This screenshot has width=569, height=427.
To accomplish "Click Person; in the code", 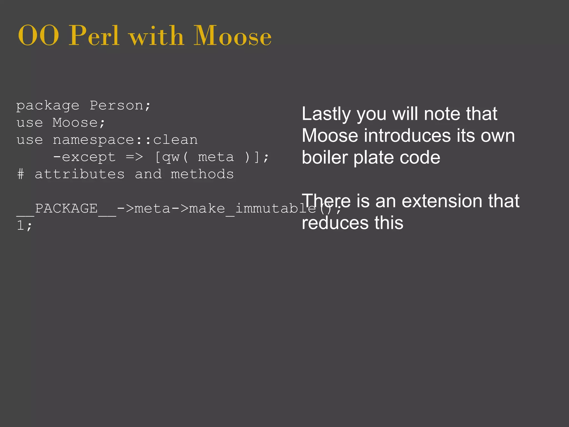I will click(120, 106).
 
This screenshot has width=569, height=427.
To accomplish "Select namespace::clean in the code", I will click(125, 140).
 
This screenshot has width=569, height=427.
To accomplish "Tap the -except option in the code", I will click(84, 157).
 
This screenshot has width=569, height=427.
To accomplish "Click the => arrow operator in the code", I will click(134, 157).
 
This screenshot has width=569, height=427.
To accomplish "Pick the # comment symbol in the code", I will click(21, 175).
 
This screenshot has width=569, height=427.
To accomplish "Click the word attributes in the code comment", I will click(79, 175).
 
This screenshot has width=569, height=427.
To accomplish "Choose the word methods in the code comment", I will click(202, 175).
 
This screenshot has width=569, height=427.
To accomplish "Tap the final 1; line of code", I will click(24, 226).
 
